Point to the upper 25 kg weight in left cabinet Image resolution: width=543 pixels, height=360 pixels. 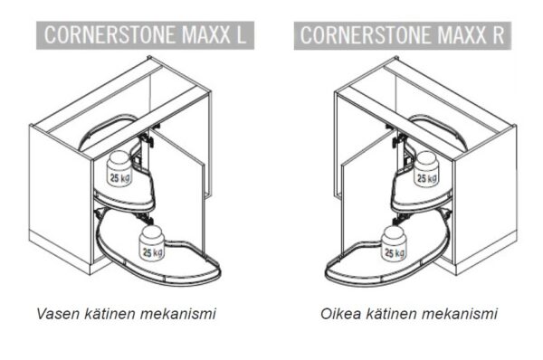click(119, 168)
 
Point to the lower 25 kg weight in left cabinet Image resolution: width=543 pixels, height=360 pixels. click(152, 245)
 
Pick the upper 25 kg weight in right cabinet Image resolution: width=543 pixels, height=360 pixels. click(423, 170)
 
